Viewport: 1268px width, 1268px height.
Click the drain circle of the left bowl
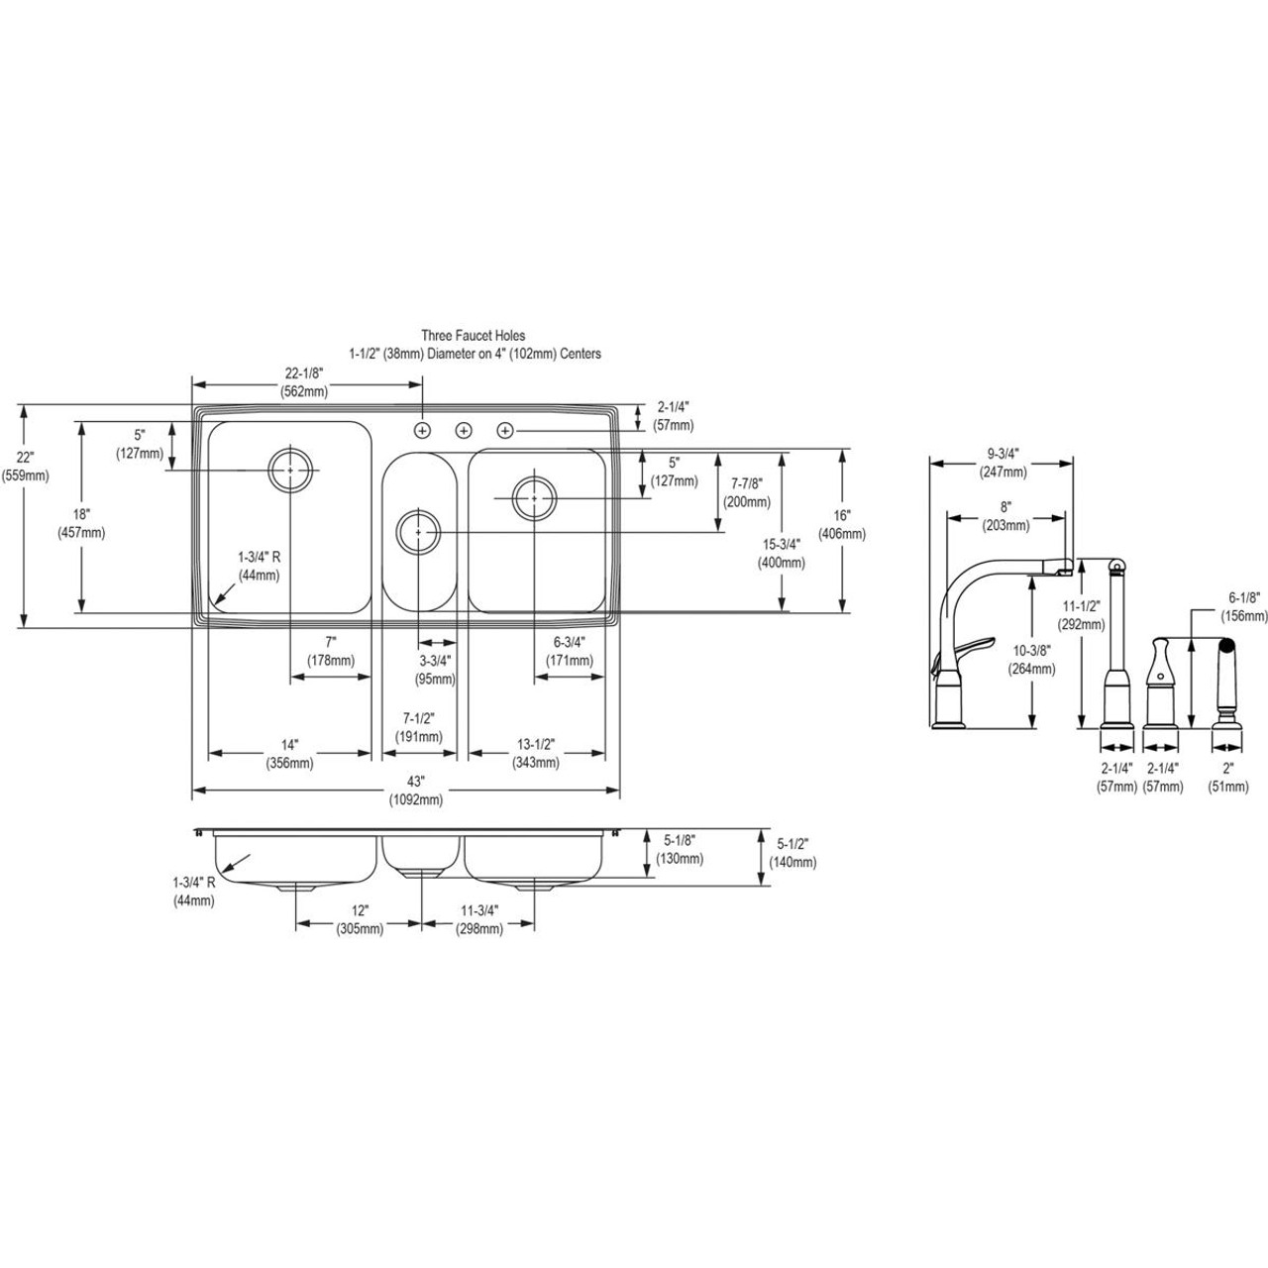coord(290,470)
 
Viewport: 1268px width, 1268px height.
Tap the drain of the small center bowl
coord(419,532)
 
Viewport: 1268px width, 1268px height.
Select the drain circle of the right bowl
coord(534,496)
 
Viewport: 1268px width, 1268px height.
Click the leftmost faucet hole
coord(422,430)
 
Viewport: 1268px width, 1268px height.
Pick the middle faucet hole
coord(464,430)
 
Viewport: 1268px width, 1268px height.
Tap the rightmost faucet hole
coord(505,430)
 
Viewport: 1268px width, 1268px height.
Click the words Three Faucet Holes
coord(474,336)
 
